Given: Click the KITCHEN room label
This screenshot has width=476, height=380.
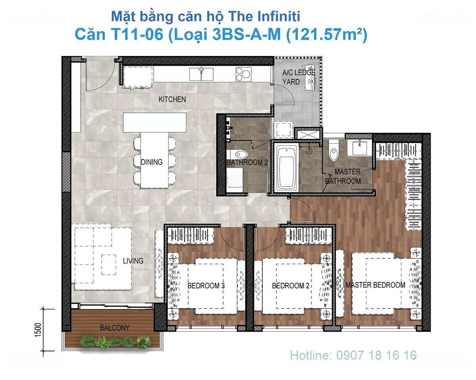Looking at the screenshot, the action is (172, 99).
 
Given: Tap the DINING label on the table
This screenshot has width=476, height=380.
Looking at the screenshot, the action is (152, 162).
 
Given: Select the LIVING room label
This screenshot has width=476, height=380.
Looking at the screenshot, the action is (133, 261).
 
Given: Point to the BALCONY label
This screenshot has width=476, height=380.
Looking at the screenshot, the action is (115, 328).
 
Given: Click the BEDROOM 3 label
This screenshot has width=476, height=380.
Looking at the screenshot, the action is (206, 286).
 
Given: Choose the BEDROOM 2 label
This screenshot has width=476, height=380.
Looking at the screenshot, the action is (290, 286).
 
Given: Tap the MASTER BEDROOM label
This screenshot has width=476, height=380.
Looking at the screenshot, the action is (376, 285).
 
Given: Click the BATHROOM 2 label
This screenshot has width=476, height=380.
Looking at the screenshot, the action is (247, 163).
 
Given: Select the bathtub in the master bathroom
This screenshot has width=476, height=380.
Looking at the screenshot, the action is (286, 168).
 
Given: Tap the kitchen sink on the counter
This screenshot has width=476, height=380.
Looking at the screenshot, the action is (201, 74).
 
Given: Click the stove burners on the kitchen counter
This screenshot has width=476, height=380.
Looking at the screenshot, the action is (243, 74).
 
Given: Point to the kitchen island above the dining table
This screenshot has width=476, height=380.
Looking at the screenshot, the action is (155, 123).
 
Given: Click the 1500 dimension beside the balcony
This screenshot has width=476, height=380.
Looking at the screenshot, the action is (37, 330).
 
